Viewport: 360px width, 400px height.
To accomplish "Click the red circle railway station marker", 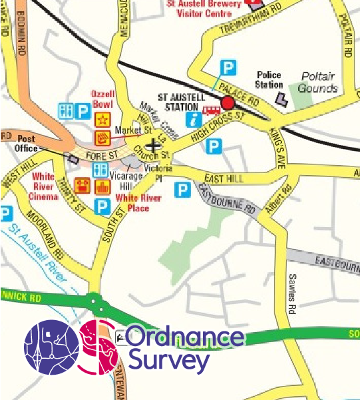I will (228, 102).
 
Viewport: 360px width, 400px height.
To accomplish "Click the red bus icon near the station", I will (212, 110).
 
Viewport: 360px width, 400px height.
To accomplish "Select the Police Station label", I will (268, 80).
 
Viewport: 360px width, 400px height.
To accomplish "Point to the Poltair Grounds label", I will (317, 82).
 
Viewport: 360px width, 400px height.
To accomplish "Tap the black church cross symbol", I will (154, 144).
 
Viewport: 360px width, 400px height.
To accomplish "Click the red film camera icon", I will (83, 185).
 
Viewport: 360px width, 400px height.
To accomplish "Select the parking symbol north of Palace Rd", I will (228, 67).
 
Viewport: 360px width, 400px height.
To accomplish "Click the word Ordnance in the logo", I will (184, 337).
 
